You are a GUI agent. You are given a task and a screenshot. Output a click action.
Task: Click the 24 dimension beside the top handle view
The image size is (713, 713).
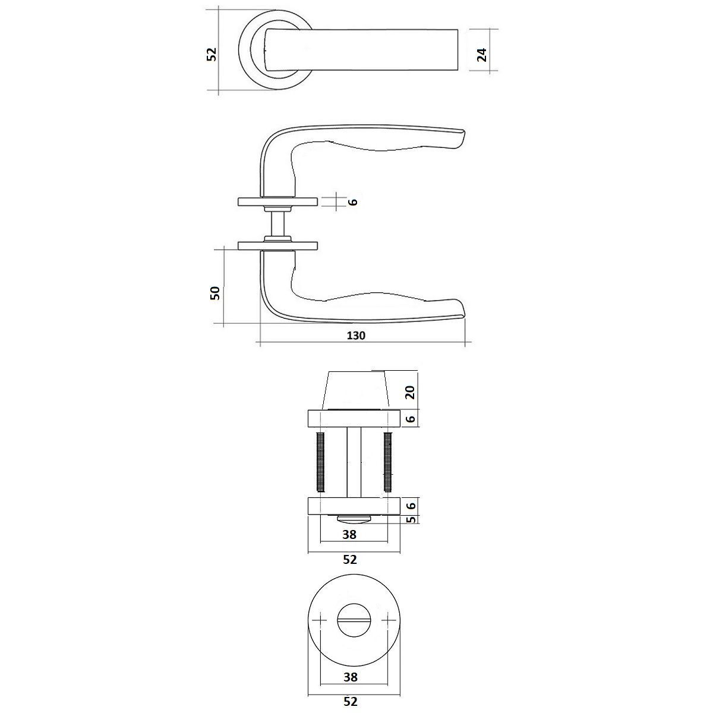coord(482,55)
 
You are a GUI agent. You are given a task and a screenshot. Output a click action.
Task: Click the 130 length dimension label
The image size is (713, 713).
coord(356,336)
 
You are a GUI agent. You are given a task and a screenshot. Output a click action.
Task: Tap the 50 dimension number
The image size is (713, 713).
coord(215,293)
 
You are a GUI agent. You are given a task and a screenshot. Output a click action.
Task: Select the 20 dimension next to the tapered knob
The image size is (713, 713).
coord(411,392)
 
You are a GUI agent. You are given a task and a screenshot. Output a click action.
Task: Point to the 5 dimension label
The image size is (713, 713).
coord(411,519)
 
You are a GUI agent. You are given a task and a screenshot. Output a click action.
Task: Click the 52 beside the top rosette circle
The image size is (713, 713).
coord(212,55)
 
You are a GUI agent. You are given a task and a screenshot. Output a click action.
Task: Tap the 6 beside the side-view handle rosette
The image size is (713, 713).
coord(354,201)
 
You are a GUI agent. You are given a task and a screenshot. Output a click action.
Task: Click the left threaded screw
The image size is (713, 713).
coord(321,462)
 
